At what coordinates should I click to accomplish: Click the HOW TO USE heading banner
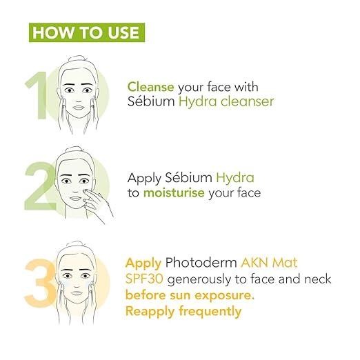pos(87,32)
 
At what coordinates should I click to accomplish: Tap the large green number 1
pos(37,95)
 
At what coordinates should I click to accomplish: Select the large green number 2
pos(40,186)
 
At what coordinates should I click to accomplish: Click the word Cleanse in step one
pos(151,87)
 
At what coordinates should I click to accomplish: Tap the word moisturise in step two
pos(174,192)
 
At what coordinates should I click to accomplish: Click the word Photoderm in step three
pos(201,263)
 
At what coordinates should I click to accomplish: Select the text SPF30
pos(144,279)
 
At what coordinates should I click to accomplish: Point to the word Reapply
pos(150,312)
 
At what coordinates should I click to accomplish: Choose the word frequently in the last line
pos(210,312)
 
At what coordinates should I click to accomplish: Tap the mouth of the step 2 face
pos(74,198)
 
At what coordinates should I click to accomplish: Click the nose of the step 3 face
pos(77,284)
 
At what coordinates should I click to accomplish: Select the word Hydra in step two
pos(235,179)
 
